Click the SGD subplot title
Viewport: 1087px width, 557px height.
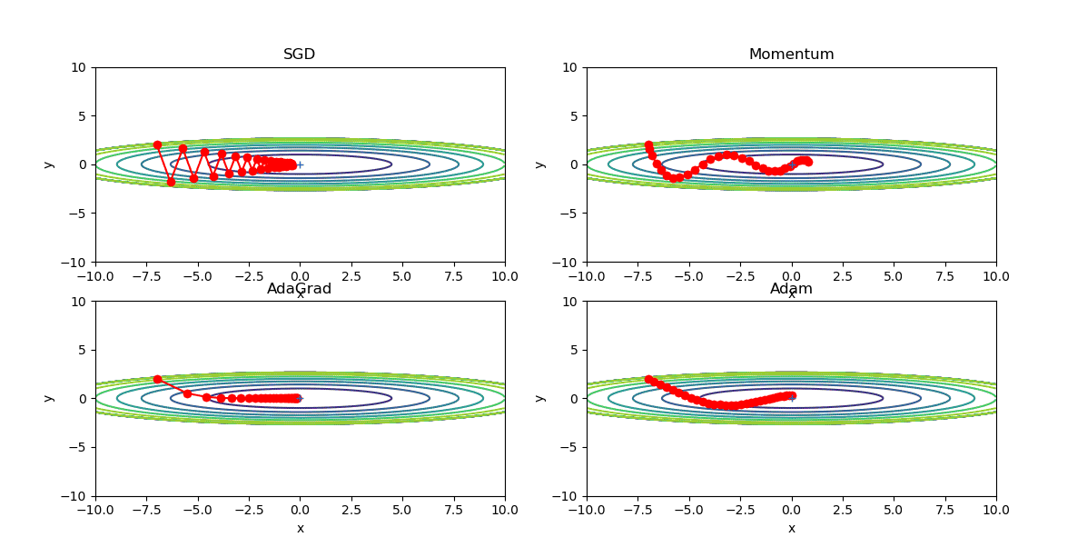[x=300, y=55]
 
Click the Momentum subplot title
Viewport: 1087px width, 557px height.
[x=791, y=55]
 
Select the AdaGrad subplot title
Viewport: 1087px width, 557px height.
[x=300, y=289]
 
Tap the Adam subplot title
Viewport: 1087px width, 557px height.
[x=791, y=289]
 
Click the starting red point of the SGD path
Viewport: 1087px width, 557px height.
[x=157, y=144]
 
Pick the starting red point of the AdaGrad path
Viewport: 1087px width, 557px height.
[x=157, y=379]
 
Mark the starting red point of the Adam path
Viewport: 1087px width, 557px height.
[x=648, y=379]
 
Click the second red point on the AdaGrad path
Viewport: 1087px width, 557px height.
[x=187, y=393]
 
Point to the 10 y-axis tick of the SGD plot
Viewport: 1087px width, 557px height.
[x=79, y=67]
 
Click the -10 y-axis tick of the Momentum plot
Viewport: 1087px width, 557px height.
[x=567, y=263]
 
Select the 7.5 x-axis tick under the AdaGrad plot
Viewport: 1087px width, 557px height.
[x=453, y=510]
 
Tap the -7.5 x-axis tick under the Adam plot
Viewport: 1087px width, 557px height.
[x=637, y=510]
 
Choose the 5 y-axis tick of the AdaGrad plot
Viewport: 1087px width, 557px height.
[x=83, y=350]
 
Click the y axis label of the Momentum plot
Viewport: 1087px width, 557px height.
[x=540, y=164]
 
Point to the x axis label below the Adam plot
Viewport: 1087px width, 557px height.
[x=791, y=528]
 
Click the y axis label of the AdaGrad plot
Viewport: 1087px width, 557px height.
[x=49, y=399]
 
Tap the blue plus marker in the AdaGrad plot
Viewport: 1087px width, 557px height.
[x=300, y=398]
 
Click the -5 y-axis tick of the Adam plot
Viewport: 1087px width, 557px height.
[x=570, y=447]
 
